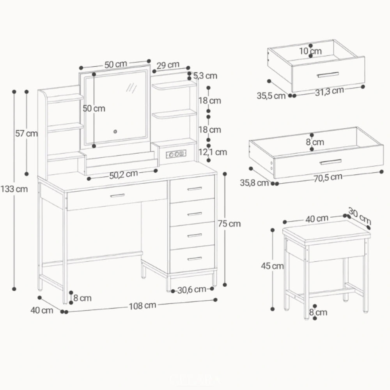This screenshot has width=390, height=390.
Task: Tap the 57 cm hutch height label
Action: pyautogui.click(x=26, y=133)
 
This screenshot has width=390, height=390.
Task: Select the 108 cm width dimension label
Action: pyautogui.click(x=142, y=305)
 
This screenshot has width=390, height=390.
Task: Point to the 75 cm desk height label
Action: pyautogui.click(x=229, y=224)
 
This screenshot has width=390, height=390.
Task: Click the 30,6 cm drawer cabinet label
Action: pyautogui.click(x=191, y=289)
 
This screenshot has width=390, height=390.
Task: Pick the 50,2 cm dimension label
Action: pyautogui.click(x=123, y=175)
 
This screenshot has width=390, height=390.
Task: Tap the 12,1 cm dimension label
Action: pyautogui.click(x=213, y=152)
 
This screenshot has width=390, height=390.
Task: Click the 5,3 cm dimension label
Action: pyautogui.click(x=205, y=76)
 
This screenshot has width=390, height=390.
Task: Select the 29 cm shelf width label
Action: pyautogui.click(x=168, y=65)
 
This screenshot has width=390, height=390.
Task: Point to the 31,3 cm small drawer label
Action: pyautogui.click(x=330, y=91)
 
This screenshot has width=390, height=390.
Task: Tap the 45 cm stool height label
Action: pyautogui.click(x=272, y=266)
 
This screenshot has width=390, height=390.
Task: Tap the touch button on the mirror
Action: pyautogui.click(x=115, y=131)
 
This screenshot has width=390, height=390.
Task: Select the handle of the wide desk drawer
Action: pyautogui.click(x=117, y=195)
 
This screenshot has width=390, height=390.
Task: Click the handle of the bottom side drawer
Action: pyautogui.click(x=194, y=258)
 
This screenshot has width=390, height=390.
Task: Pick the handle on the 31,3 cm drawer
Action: pyautogui.click(x=328, y=74)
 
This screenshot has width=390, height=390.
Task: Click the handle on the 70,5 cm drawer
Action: pyautogui.click(x=330, y=162)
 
